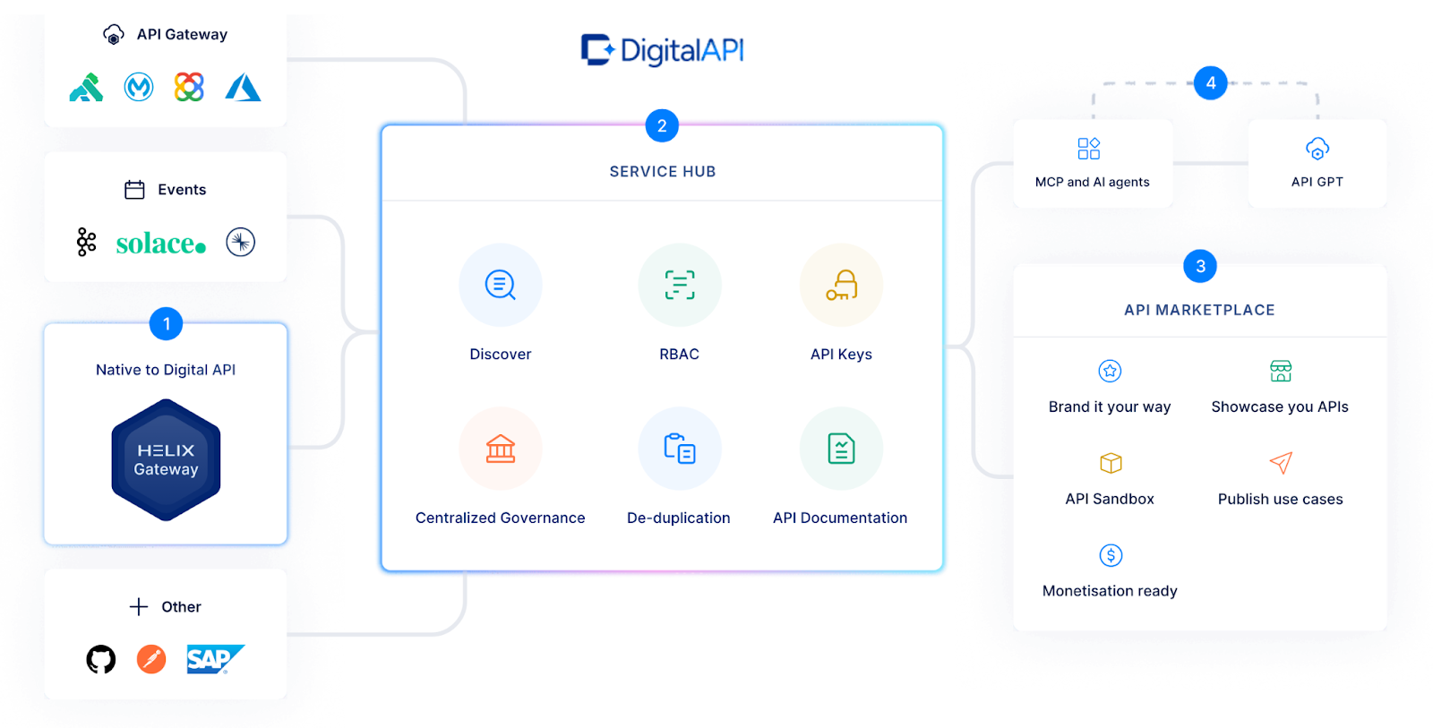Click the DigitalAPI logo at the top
tap(662, 50)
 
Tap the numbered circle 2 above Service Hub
tap(662, 126)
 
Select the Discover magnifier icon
tap(500, 285)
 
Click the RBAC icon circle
tap(679, 285)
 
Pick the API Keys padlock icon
tap(841, 285)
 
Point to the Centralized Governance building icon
tap(500, 449)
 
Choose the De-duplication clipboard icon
tap(679, 449)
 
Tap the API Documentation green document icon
tap(841, 449)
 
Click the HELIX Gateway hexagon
tap(166, 459)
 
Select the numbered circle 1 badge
tap(166, 324)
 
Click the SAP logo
tap(214, 659)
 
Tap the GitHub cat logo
tap(101, 659)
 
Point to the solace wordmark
tap(160, 243)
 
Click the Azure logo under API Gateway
tap(243, 87)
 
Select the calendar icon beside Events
tap(134, 190)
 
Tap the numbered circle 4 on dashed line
tap(1210, 83)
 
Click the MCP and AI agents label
tap(1092, 182)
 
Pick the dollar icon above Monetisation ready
tap(1111, 555)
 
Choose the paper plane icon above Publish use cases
tap(1281, 463)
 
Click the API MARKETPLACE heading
tap(1199, 310)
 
